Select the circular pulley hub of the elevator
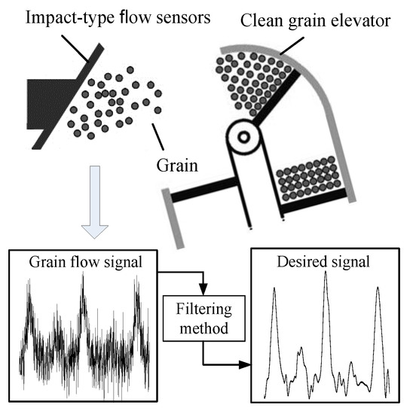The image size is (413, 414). click(x=244, y=138)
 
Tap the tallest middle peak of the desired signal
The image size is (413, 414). click(x=326, y=275)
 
